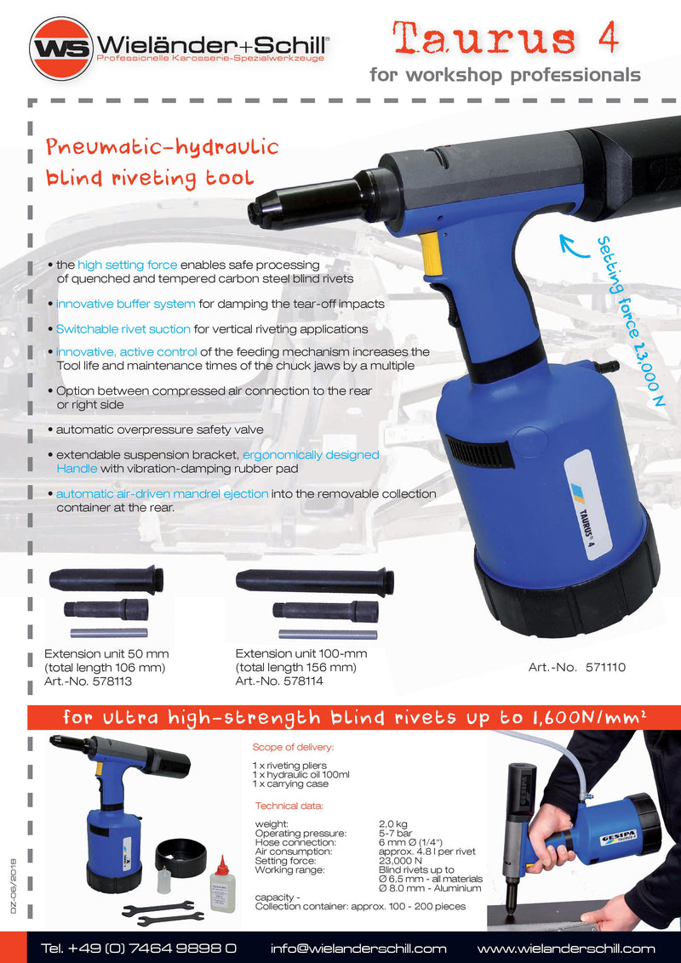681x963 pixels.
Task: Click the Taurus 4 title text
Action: click(x=505, y=38)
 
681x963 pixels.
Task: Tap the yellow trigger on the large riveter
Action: click(x=432, y=254)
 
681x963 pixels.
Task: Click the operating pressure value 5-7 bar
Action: click(x=397, y=833)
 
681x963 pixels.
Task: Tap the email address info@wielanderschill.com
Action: click(x=358, y=949)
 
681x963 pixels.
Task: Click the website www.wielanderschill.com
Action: click(x=566, y=949)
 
